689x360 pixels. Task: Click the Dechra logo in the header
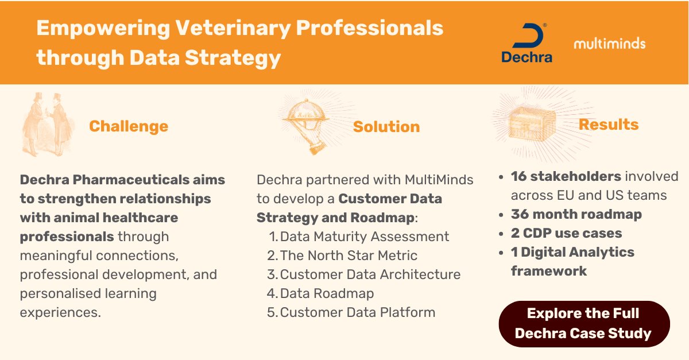[527, 43]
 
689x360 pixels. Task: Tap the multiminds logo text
[609, 44]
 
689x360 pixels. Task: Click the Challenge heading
[129, 126]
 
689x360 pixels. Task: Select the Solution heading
[386, 127]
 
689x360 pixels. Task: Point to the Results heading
[609, 125]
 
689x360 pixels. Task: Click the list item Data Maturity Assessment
[365, 237]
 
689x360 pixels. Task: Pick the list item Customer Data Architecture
[370, 274]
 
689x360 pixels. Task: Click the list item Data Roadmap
[327, 293]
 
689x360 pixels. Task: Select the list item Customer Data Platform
[358, 312]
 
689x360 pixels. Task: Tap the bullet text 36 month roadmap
[576, 214]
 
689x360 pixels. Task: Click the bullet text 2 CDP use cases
[566, 233]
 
